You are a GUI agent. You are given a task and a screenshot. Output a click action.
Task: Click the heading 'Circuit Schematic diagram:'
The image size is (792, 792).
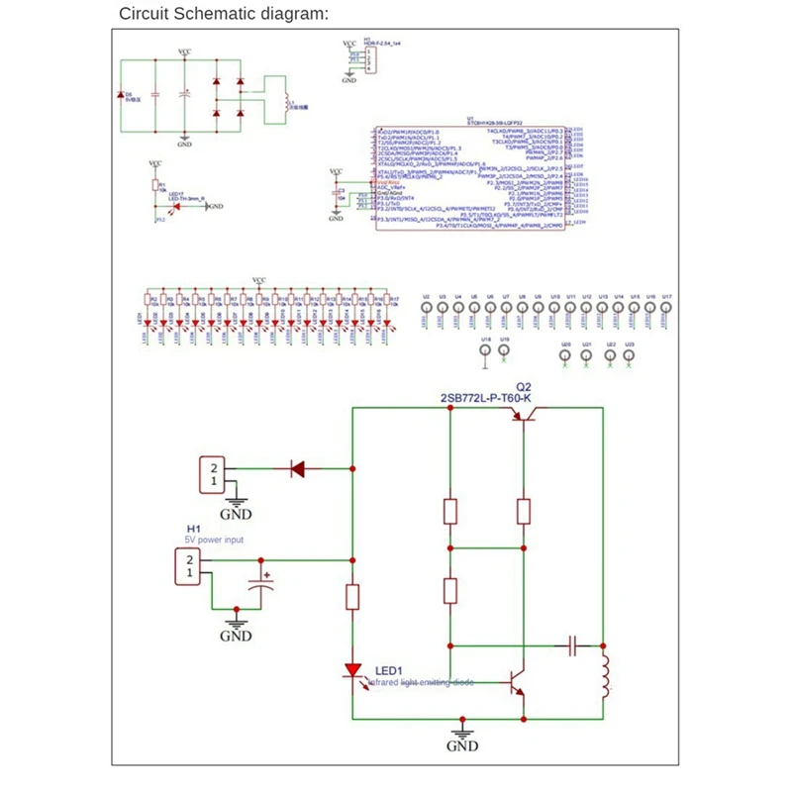[223, 14]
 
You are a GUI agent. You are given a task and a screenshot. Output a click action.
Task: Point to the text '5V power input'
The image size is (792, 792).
[214, 540]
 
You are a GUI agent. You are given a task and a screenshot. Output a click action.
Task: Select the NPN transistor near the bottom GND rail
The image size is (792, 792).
[517, 683]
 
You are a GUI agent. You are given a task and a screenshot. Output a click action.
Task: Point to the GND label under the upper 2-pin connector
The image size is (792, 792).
[236, 514]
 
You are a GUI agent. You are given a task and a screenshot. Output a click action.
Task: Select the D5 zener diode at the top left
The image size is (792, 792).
[120, 95]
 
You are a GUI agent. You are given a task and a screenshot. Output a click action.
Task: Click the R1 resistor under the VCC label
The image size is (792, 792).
[155, 185]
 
